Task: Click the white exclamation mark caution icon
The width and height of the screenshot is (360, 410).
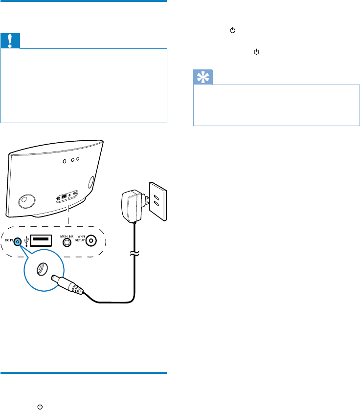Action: [10, 41]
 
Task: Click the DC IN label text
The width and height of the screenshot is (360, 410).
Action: [9, 241]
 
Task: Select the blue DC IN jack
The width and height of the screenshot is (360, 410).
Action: [18, 241]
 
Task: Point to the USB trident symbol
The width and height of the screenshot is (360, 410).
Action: [25, 241]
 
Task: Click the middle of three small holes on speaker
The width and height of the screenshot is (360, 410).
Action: [72, 159]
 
